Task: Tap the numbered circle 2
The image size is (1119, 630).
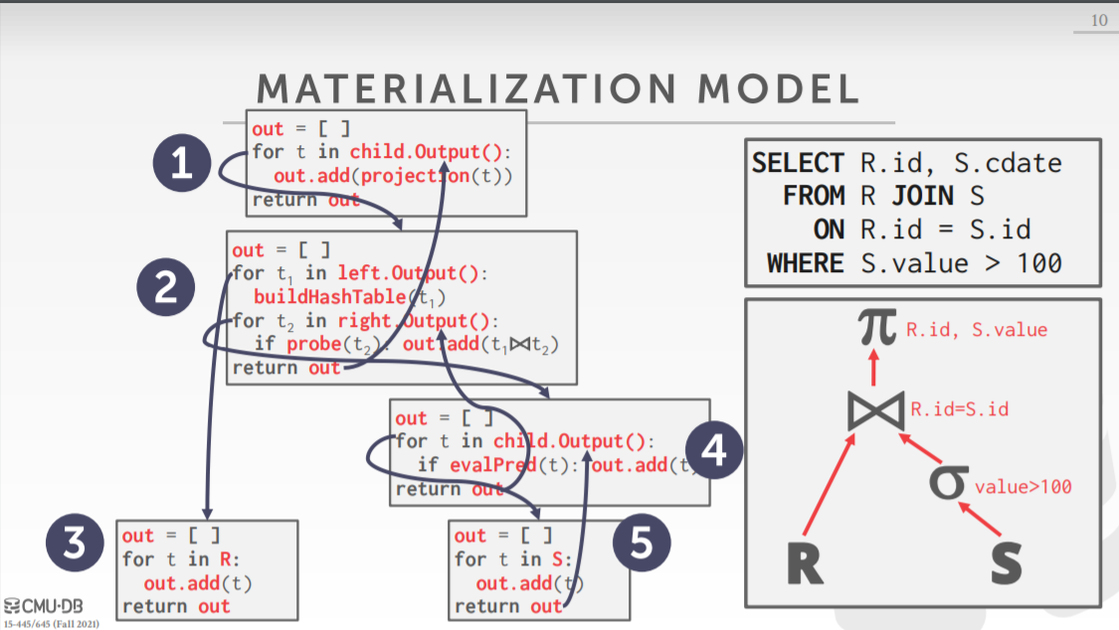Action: pyautogui.click(x=163, y=288)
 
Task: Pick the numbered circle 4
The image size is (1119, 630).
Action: pyautogui.click(x=715, y=453)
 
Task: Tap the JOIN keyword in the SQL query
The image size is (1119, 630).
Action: pyautogui.click(x=923, y=196)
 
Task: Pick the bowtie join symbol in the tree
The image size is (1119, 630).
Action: pyautogui.click(x=875, y=409)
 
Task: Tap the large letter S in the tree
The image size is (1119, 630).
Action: pyautogui.click(x=1006, y=563)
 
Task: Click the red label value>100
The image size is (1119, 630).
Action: pyautogui.click(x=1023, y=487)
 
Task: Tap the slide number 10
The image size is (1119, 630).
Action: pyautogui.click(x=1099, y=21)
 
